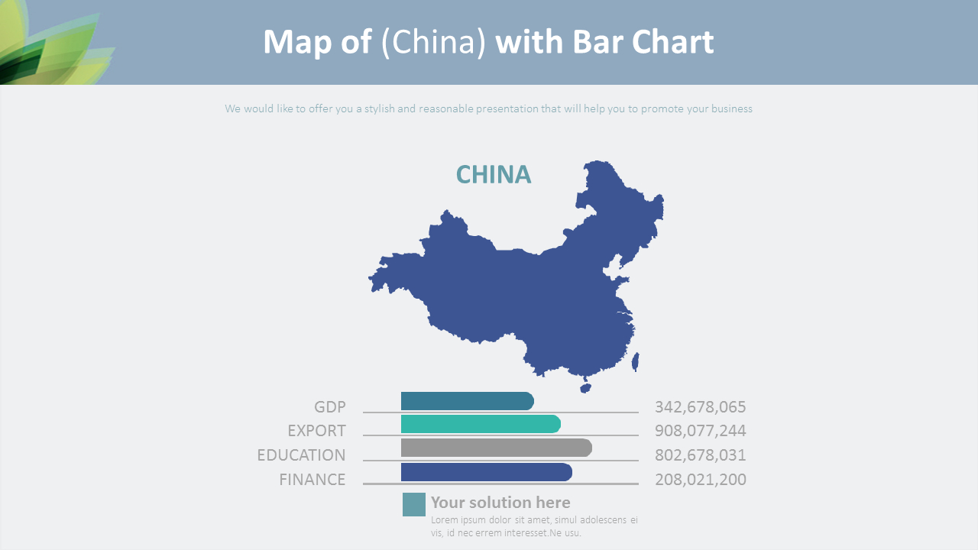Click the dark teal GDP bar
click(467, 401)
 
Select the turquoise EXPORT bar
click(481, 425)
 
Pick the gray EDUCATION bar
click(496, 448)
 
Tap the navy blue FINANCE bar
click(486, 472)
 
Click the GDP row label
click(330, 407)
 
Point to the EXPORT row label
click(316, 431)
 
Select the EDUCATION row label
click(301, 455)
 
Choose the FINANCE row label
click(312, 480)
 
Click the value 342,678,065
click(700, 407)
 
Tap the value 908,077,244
click(700, 431)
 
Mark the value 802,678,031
click(700, 455)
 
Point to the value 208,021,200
click(700, 480)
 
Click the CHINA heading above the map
click(493, 175)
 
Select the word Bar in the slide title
click(594, 43)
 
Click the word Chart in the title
click(672, 43)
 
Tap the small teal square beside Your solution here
click(414, 504)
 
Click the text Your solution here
click(500, 503)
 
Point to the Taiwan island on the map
click(636, 361)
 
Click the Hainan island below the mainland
click(586, 387)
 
